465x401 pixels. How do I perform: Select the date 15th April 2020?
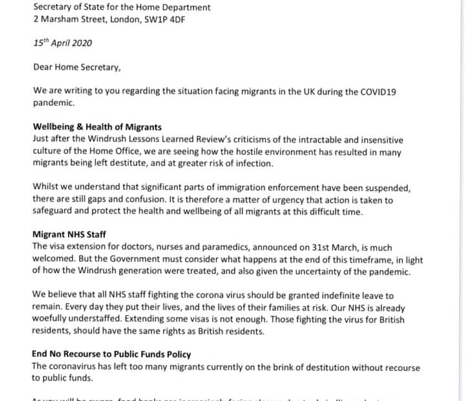[63, 43]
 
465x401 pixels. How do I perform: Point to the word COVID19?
[375, 91]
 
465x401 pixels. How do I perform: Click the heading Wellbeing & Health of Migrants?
[97, 127]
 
